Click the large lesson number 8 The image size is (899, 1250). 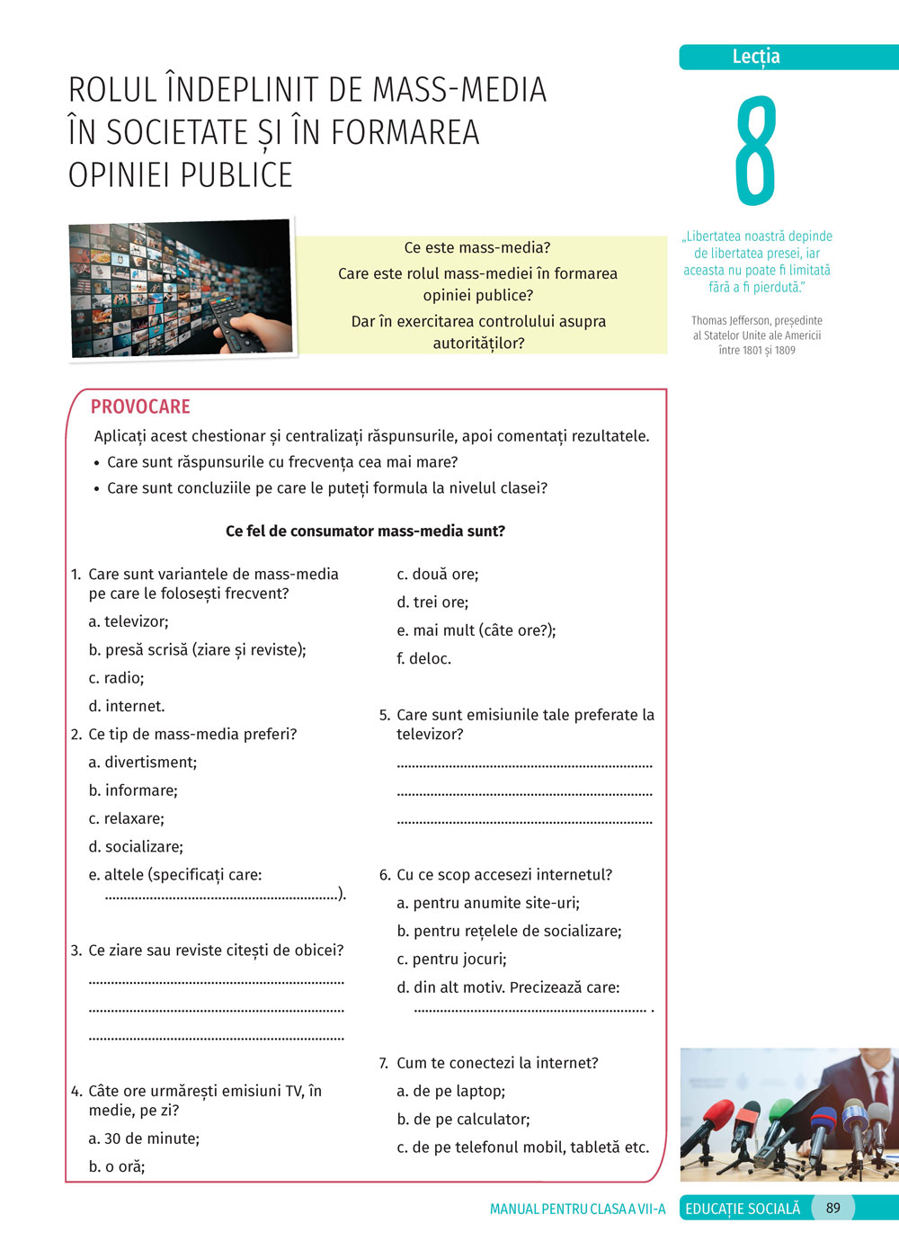[755, 150]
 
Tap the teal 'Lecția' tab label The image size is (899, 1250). [756, 57]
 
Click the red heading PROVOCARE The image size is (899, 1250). [140, 406]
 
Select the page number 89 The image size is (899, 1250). [832, 1208]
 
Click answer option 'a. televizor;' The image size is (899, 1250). [129, 621]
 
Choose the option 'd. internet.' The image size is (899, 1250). [127, 706]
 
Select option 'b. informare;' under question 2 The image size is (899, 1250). [133, 790]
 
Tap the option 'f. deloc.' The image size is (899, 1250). [424, 658]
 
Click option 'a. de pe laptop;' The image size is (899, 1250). [451, 1091]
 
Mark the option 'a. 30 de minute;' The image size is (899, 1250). [144, 1138]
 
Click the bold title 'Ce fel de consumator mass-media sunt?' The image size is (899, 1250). [365, 531]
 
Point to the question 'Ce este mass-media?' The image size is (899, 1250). [477, 247]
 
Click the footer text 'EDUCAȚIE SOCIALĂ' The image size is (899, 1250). [743, 1209]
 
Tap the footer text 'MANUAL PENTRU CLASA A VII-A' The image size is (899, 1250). [577, 1209]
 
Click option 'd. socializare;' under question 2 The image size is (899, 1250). [136, 846]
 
